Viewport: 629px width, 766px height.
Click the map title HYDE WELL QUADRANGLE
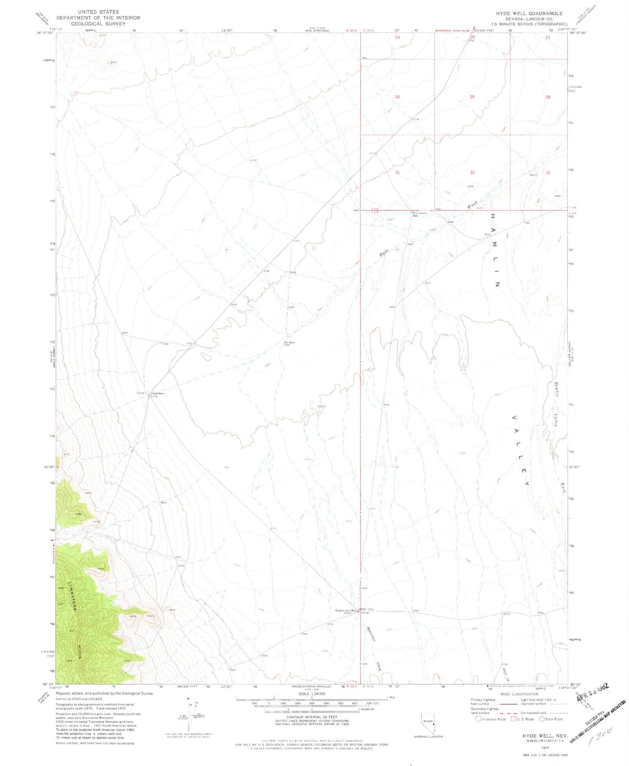(x=529, y=13)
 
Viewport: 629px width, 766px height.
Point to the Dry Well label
(x=289, y=343)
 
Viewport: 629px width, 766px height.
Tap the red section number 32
(x=472, y=172)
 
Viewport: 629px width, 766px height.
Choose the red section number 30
(x=397, y=97)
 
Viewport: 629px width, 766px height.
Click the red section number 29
(x=472, y=97)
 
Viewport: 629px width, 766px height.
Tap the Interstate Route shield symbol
(x=478, y=719)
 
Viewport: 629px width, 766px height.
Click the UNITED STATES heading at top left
(x=98, y=12)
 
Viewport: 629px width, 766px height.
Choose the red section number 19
(x=397, y=37)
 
